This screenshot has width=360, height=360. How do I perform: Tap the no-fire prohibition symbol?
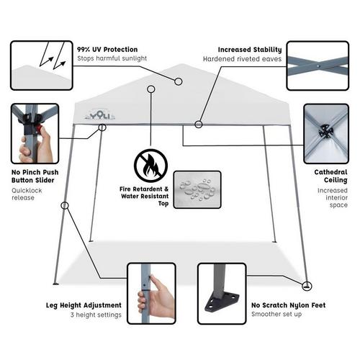click(150, 166)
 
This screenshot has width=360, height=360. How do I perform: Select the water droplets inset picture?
click(197, 189)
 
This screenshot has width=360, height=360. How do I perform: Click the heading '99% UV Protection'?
click(107, 50)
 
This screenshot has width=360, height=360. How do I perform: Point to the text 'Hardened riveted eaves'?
click(242, 59)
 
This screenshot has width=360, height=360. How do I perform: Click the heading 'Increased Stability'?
click(250, 50)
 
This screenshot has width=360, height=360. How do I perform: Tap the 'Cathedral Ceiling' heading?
click(330, 176)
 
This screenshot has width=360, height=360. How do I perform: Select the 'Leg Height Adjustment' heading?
click(84, 305)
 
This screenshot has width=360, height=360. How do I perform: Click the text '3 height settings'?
click(96, 315)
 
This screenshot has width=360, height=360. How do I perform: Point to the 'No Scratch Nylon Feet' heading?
click(289, 305)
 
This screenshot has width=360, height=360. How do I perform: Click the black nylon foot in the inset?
click(222, 302)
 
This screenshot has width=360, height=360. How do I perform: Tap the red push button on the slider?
click(38, 129)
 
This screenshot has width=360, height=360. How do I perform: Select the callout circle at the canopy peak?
click(178, 81)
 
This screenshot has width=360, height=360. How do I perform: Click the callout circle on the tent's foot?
click(307, 286)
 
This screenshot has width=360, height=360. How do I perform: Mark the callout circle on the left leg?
click(65, 205)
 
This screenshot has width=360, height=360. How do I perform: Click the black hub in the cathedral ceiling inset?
click(326, 131)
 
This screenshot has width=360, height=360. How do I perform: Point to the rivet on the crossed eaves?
click(318, 66)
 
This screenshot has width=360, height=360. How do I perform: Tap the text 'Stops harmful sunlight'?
click(112, 58)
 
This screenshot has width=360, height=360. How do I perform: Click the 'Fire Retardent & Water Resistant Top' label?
click(144, 196)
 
